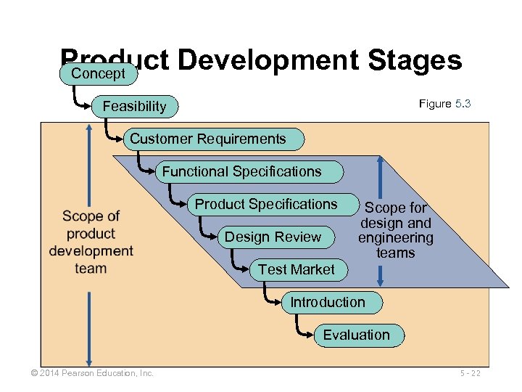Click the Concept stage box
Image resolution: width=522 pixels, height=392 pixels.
point(99,74)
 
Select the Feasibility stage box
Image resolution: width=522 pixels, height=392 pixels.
point(135,107)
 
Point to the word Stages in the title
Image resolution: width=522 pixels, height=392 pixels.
point(415,60)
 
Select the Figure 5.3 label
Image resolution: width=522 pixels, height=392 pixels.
point(444,104)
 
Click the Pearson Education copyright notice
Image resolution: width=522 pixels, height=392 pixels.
point(87,373)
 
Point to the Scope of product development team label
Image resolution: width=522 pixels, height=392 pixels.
point(91,242)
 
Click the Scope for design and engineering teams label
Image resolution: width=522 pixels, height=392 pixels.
point(395,230)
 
